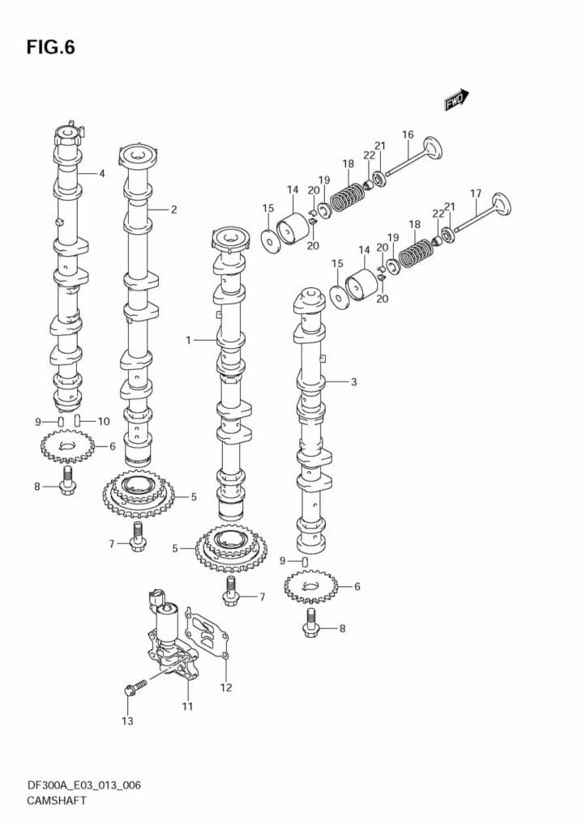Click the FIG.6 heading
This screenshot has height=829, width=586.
coord(50,48)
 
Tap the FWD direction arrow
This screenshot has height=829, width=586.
coord(456,100)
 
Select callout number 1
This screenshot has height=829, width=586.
coord(188,340)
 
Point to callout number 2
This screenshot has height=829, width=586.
coord(173,209)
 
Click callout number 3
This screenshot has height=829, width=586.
coord(353,381)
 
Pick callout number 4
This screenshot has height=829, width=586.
coord(102,173)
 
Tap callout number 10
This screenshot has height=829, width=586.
coord(104,421)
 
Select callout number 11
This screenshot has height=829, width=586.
coord(187,707)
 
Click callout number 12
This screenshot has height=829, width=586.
coord(226,688)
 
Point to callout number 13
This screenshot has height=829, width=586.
coord(127,721)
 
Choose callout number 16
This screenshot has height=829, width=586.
coord(408,135)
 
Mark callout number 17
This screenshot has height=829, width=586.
coord(476,193)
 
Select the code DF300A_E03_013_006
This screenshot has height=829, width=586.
coord(78,784)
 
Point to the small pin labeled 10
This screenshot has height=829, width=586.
coord(78,420)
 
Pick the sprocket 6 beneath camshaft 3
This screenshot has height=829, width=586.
coord(310,585)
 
